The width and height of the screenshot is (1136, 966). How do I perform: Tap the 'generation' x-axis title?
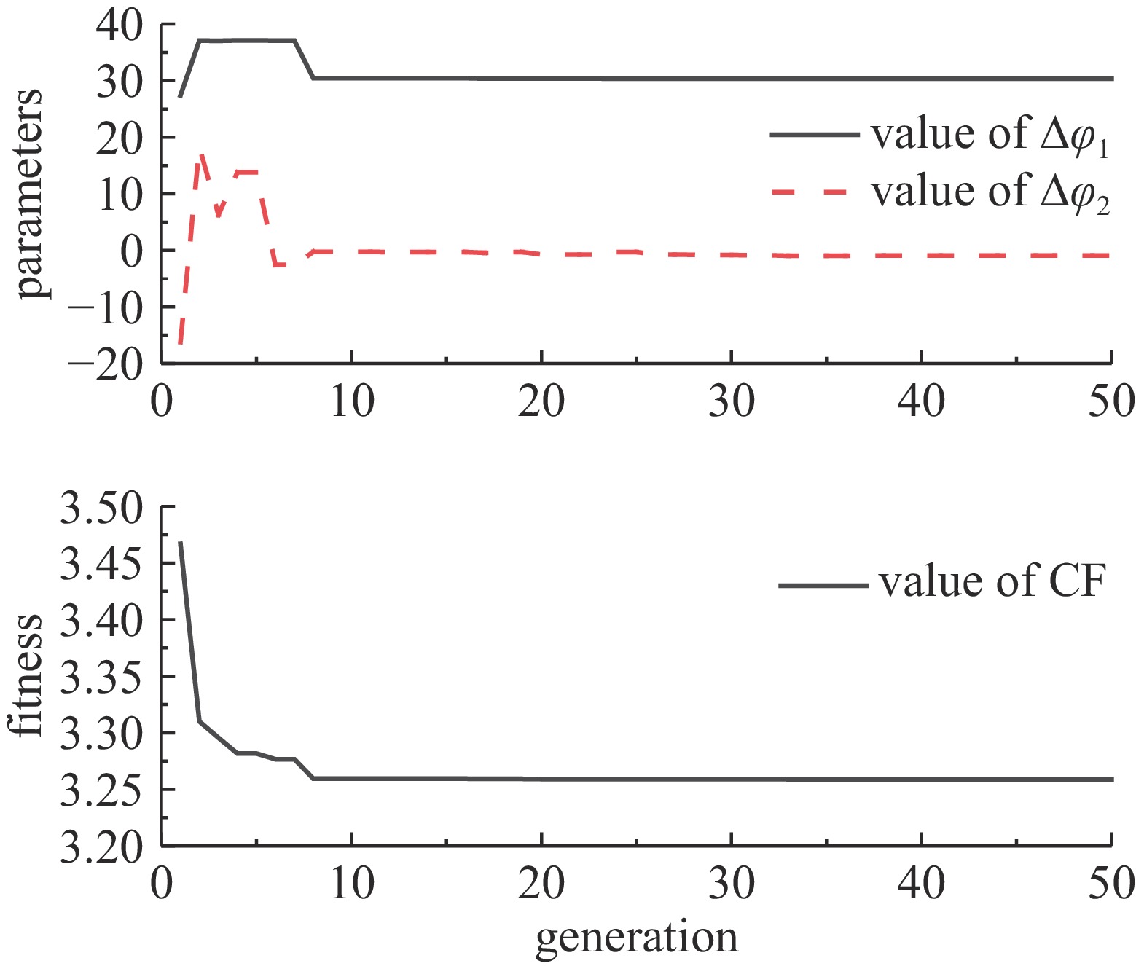point(637,938)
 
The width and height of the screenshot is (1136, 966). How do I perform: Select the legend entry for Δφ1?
point(990,135)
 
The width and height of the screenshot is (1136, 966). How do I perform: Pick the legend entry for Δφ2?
point(990,192)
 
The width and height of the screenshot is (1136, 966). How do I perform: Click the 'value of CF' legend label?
point(992,582)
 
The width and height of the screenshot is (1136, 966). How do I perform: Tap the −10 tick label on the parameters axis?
point(106,307)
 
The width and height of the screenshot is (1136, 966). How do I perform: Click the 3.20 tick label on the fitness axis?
point(101,847)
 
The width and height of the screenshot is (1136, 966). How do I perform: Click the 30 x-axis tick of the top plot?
point(732,401)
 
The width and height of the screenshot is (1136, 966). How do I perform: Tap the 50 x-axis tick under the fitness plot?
point(1111,884)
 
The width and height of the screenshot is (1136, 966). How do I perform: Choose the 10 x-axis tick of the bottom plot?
point(352,884)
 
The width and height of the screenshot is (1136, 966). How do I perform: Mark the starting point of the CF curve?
point(180,543)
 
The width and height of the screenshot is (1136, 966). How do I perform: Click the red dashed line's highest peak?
point(200,154)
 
